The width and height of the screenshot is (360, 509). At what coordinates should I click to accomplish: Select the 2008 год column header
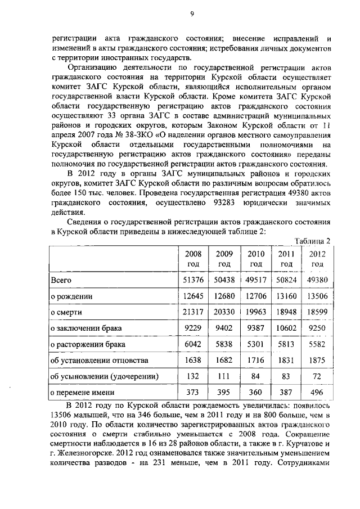tap(193, 259)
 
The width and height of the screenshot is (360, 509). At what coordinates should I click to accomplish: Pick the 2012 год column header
tap(317, 259)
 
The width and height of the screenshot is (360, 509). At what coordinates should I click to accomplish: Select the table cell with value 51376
tap(193, 280)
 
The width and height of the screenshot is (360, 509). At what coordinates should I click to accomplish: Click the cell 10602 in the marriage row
tap(286, 327)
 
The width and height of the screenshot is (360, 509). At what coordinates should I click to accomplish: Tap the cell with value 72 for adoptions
tap(317, 375)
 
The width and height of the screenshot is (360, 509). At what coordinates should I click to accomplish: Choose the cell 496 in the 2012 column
tap(317, 391)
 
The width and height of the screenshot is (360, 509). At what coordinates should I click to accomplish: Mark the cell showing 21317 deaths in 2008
tap(193, 311)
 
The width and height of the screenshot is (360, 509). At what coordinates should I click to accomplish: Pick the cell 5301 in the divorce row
tap(256, 343)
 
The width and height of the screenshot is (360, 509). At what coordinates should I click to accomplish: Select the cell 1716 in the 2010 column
tap(256, 359)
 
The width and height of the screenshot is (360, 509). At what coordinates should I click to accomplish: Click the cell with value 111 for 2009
tap(224, 375)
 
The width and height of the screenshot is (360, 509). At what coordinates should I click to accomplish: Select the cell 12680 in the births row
tap(224, 295)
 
